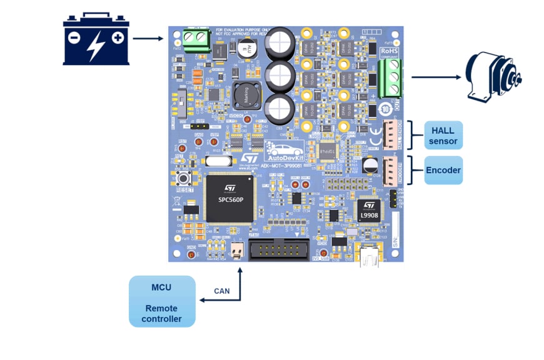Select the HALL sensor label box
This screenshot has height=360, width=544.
pos(443,136)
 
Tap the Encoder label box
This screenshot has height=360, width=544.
pos(443,170)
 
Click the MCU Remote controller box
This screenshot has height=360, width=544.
pos(162,301)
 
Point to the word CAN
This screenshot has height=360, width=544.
pos(222,291)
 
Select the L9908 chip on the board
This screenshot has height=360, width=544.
pos(369,210)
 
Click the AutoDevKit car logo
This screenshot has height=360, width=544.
pos(285,150)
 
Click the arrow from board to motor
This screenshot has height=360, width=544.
pos(436,77)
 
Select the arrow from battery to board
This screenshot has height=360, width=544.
pos(148,39)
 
